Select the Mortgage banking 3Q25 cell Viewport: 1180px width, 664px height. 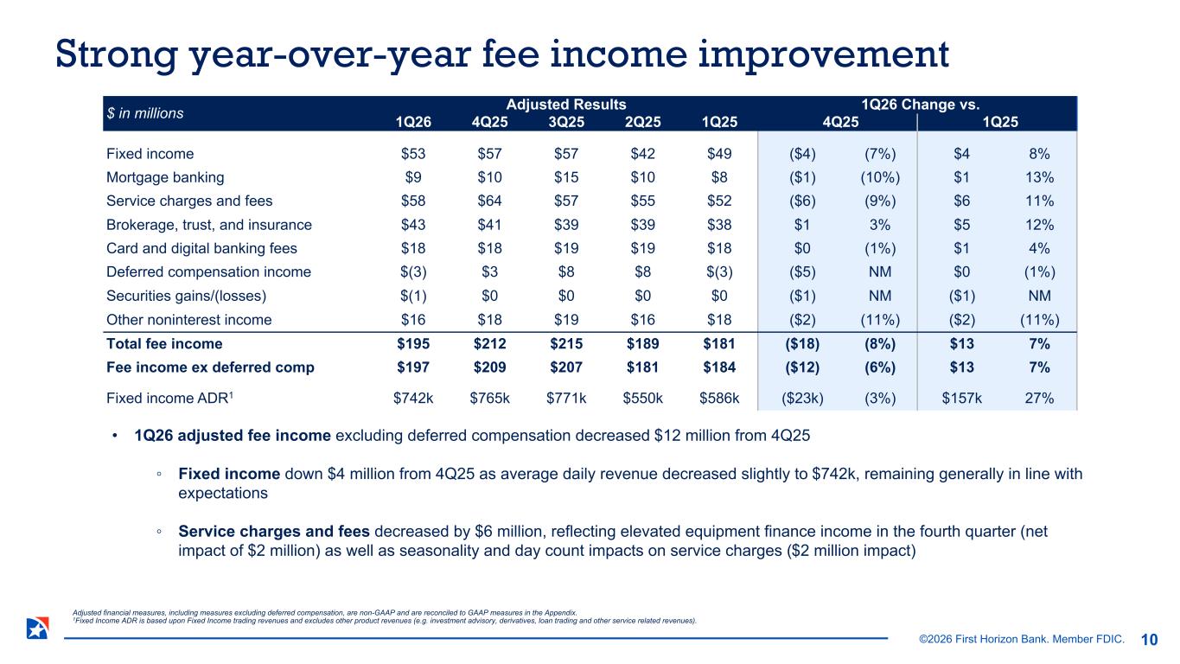(567, 177)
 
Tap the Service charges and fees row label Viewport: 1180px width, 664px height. (189, 201)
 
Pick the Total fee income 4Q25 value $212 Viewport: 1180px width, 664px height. (490, 343)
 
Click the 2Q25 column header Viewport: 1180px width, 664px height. (643, 121)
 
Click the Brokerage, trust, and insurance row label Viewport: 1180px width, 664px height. (208, 225)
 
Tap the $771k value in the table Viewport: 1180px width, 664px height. (567, 399)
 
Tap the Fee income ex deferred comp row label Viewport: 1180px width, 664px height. (210, 367)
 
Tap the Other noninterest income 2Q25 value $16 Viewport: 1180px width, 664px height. (643, 320)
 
